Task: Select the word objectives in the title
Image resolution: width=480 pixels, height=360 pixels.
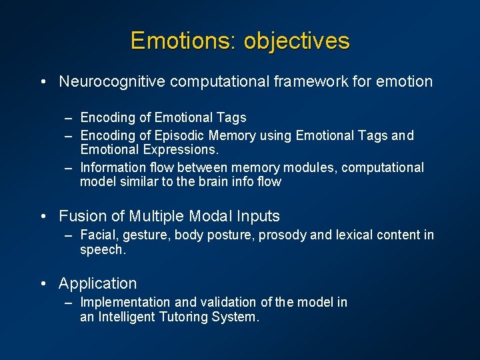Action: coord(297,41)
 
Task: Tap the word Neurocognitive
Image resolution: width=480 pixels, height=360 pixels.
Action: coord(113,82)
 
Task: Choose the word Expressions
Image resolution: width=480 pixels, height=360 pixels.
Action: coord(179,149)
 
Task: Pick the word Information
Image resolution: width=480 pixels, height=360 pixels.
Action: coord(111,168)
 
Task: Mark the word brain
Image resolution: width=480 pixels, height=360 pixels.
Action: coord(207,181)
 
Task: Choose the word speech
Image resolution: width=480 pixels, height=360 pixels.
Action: coord(101,249)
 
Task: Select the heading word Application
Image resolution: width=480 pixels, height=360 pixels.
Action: coord(97,283)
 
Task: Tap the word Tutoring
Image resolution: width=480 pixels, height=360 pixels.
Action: coord(184,317)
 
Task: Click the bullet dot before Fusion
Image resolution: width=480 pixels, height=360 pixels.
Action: coord(43,217)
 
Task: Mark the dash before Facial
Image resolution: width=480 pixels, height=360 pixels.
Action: coord(69,235)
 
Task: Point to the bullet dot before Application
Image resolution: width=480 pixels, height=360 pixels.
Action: coord(43,284)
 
